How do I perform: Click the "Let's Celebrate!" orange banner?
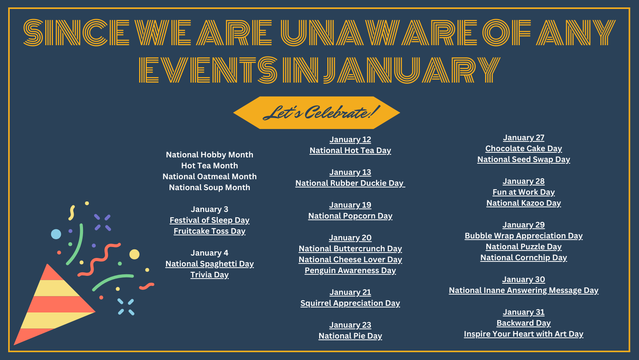(x=317, y=113)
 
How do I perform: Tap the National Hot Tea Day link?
(x=350, y=150)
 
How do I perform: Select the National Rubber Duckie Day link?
(x=350, y=183)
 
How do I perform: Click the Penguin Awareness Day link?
(x=350, y=270)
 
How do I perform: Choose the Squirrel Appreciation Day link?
(x=350, y=303)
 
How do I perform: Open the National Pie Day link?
(x=350, y=336)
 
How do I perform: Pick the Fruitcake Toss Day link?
(x=210, y=231)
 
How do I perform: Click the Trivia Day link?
(x=210, y=275)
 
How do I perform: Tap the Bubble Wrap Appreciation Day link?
(x=524, y=236)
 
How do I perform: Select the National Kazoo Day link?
(x=524, y=203)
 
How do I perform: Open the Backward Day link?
(x=524, y=323)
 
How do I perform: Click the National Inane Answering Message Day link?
(x=524, y=290)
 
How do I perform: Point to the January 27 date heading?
(x=524, y=138)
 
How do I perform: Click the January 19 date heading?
(x=350, y=205)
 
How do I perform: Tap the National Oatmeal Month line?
(x=210, y=176)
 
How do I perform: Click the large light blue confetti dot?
(x=56, y=234)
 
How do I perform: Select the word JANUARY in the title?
(x=412, y=70)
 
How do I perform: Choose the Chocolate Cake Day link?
(x=524, y=148)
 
